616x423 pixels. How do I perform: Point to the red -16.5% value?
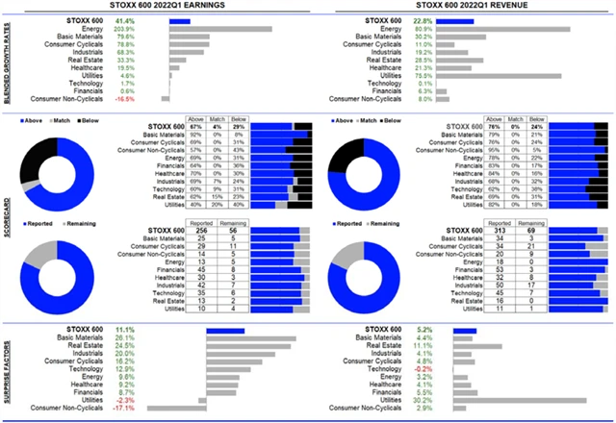pos(150,98)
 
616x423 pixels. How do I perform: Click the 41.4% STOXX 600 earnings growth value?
pos(151,19)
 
